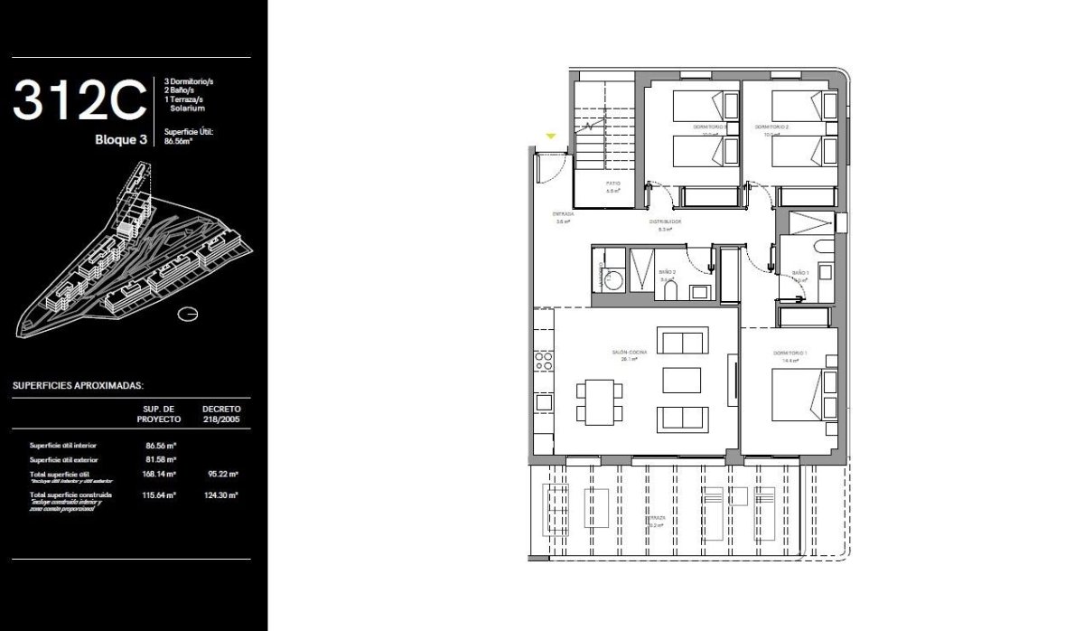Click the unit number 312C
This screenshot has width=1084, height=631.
[79, 101]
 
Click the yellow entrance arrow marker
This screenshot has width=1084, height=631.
[550, 137]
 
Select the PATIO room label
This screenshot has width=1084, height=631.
[612, 184]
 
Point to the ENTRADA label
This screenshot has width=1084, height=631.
[564, 215]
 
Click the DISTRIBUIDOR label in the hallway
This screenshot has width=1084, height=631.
[664, 221]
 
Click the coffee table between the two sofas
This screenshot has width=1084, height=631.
[682, 380]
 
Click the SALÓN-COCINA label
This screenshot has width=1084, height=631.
[624, 353]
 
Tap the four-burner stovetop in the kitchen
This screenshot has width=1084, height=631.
[544, 362]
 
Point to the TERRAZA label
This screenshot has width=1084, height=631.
[656, 518]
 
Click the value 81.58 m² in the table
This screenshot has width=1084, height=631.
[160, 460]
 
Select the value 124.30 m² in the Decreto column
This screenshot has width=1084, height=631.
[220, 495]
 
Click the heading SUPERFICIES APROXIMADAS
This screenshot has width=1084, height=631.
[78, 384]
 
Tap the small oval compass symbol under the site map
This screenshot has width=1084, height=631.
[189, 314]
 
